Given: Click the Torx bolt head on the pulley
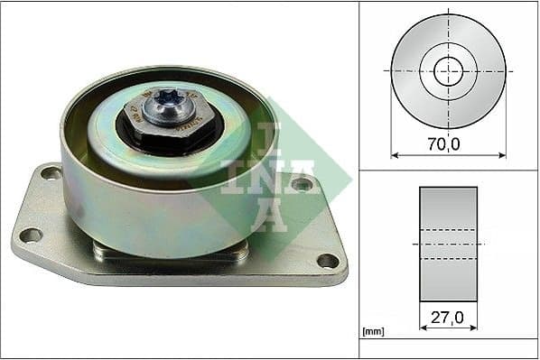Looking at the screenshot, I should [170, 100].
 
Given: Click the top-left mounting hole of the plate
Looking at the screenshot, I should [51, 172].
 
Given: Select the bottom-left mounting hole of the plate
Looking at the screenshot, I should [31, 235].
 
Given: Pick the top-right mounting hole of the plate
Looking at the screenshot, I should [302, 184].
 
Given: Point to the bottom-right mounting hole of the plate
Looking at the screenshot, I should [328, 261].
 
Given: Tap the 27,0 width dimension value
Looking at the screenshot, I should [449, 318].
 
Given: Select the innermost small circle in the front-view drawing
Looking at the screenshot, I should [448, 70].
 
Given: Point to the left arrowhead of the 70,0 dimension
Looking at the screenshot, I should [395, 155].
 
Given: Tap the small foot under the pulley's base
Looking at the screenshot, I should [172, 254].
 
